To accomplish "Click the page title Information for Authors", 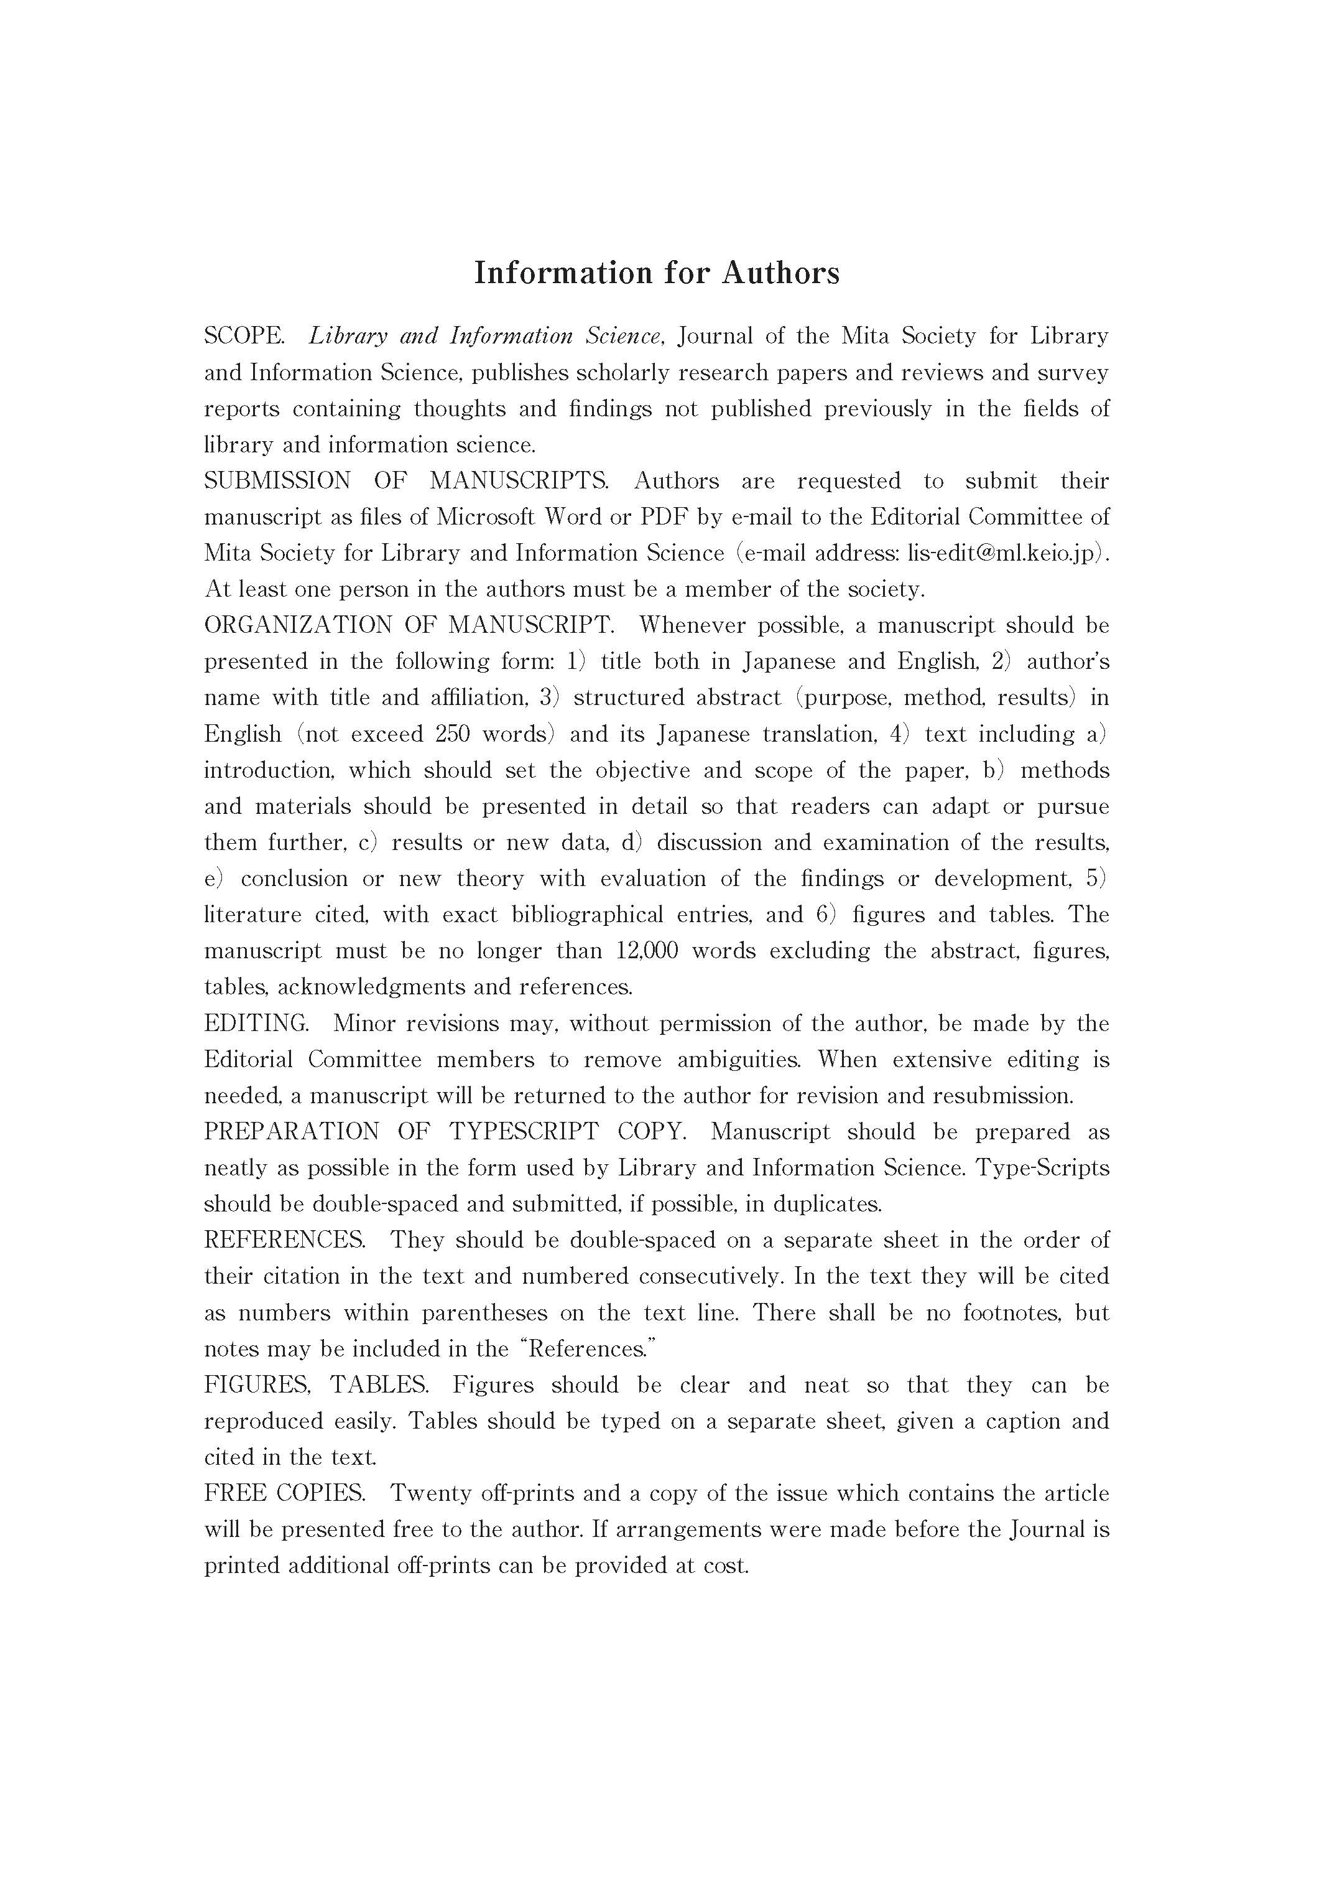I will click(x=656, y=273).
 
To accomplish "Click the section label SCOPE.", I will click(x=244, y=336).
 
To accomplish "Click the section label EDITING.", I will click(x=256, y=1023).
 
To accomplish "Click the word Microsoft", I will click(x=484, y=516).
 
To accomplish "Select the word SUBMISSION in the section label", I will click(x=277, y=480).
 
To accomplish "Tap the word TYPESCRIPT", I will click(x=524, y=1132).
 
